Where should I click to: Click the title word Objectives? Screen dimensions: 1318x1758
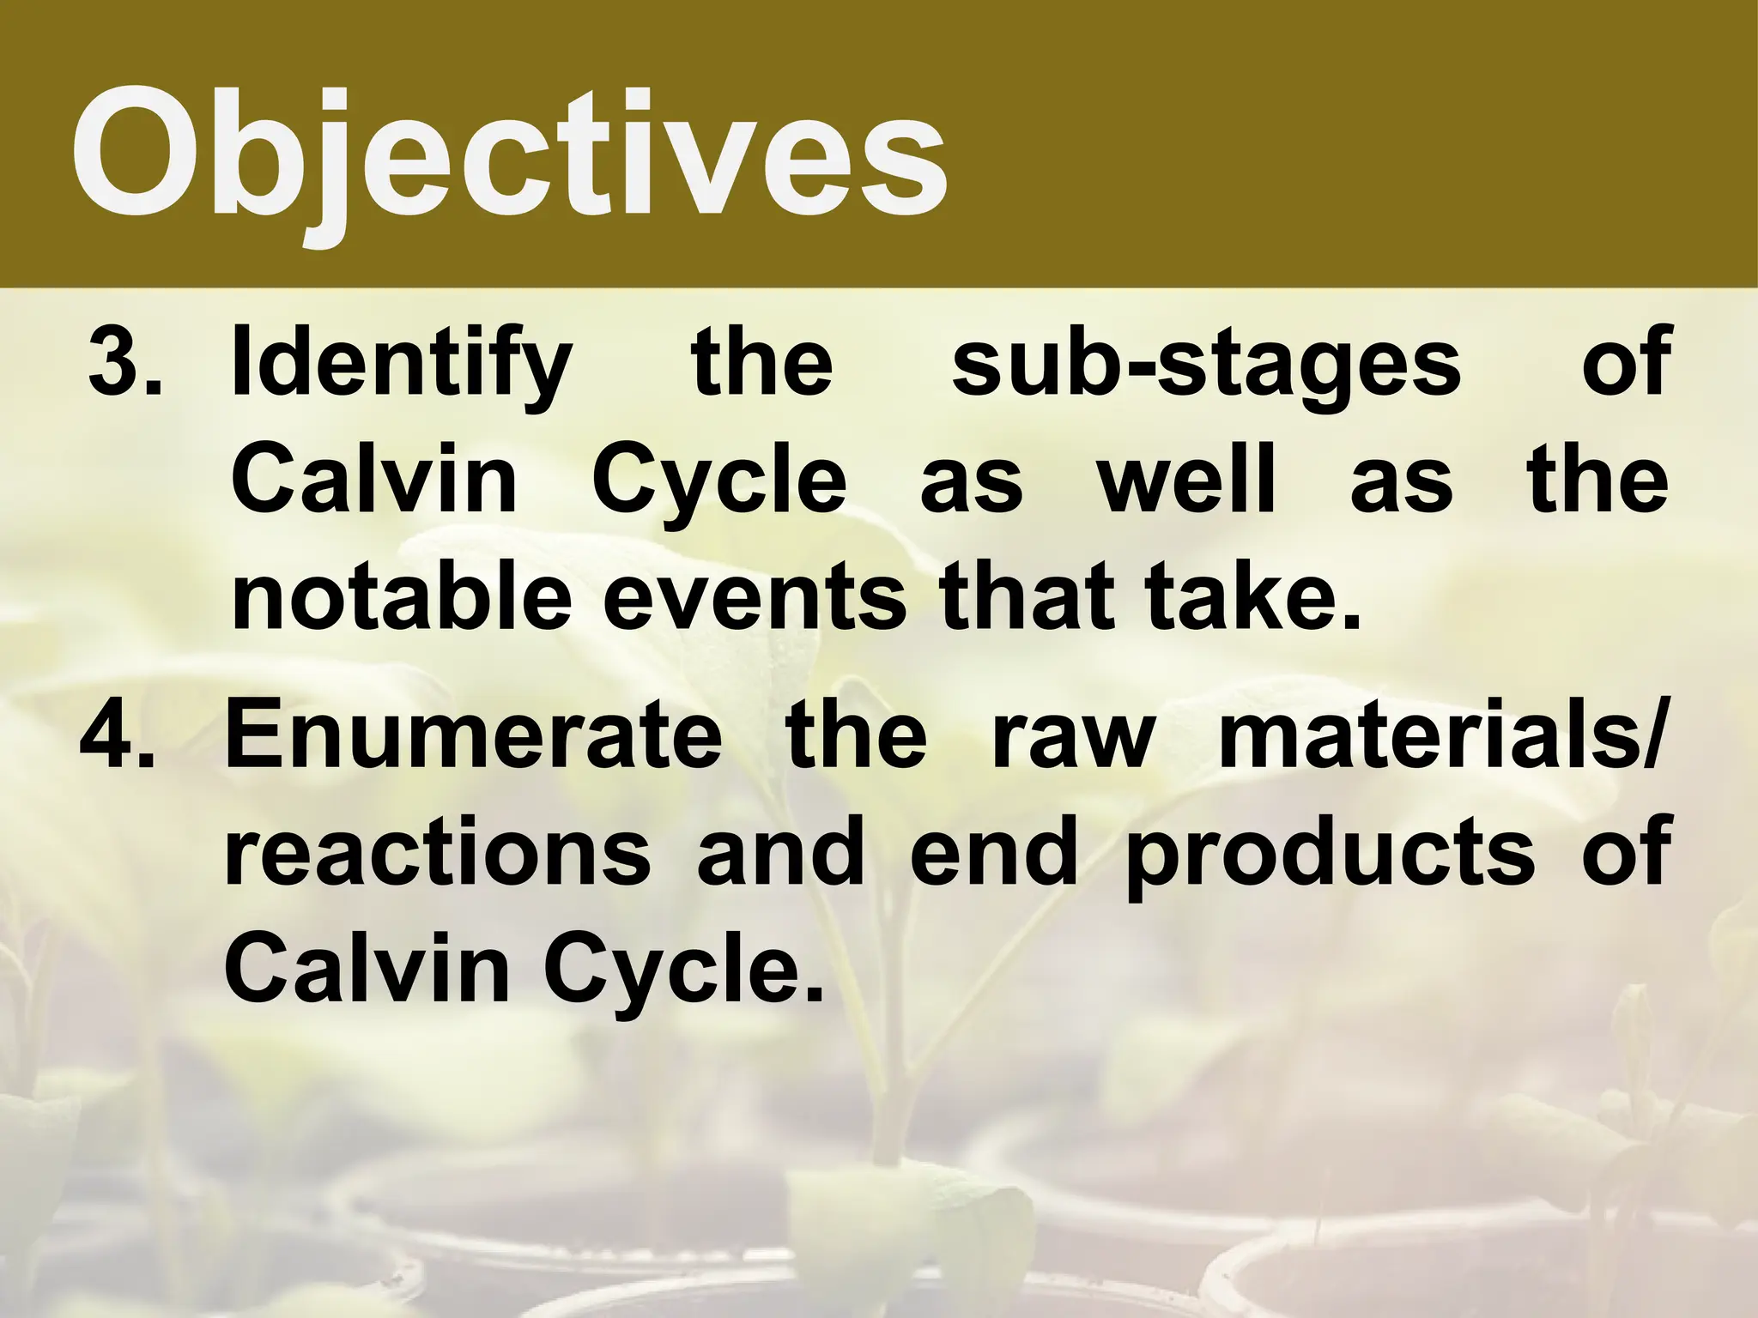(x=508, y=154)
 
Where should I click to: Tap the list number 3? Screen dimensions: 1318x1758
(x=124, y=362)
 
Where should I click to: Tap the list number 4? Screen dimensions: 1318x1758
(x=118, y=735)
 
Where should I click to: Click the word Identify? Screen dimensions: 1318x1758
(x=402, y=365)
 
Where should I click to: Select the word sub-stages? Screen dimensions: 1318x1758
(x=1206, y=365)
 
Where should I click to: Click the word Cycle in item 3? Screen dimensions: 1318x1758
(x=719, y=482)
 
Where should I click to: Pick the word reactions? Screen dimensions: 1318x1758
(x=438, y=854)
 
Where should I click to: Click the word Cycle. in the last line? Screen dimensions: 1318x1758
(x=682, y=972)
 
